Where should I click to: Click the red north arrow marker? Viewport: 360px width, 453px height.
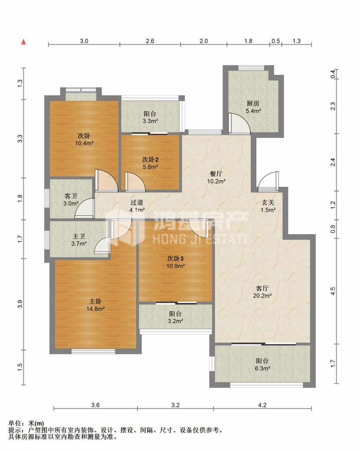click(24, 42)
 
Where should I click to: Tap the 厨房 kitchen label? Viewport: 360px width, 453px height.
click(253, 103)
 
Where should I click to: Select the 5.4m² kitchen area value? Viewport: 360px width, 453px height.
click(254, 111)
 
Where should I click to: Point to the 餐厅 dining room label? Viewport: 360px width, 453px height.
click(216, 174)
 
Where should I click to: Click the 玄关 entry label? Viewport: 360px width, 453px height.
click(268, 203)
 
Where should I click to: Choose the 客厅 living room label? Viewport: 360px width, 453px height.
click(262, 288)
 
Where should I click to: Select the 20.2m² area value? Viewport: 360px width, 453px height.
click(262, 296)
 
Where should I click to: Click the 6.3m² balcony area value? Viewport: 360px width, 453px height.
click(262, 368)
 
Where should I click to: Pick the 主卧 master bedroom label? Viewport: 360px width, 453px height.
click(95, 301)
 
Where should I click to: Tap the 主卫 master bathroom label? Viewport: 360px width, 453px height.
click(79, 236)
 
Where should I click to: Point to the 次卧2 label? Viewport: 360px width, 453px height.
click(150, 159)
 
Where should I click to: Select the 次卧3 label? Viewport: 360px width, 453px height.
click(175, 258)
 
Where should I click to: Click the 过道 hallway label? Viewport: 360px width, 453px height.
click(137, 203)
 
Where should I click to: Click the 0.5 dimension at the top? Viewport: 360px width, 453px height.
click(275, 41)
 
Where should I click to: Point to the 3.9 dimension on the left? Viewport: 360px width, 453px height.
click(20, 304)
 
